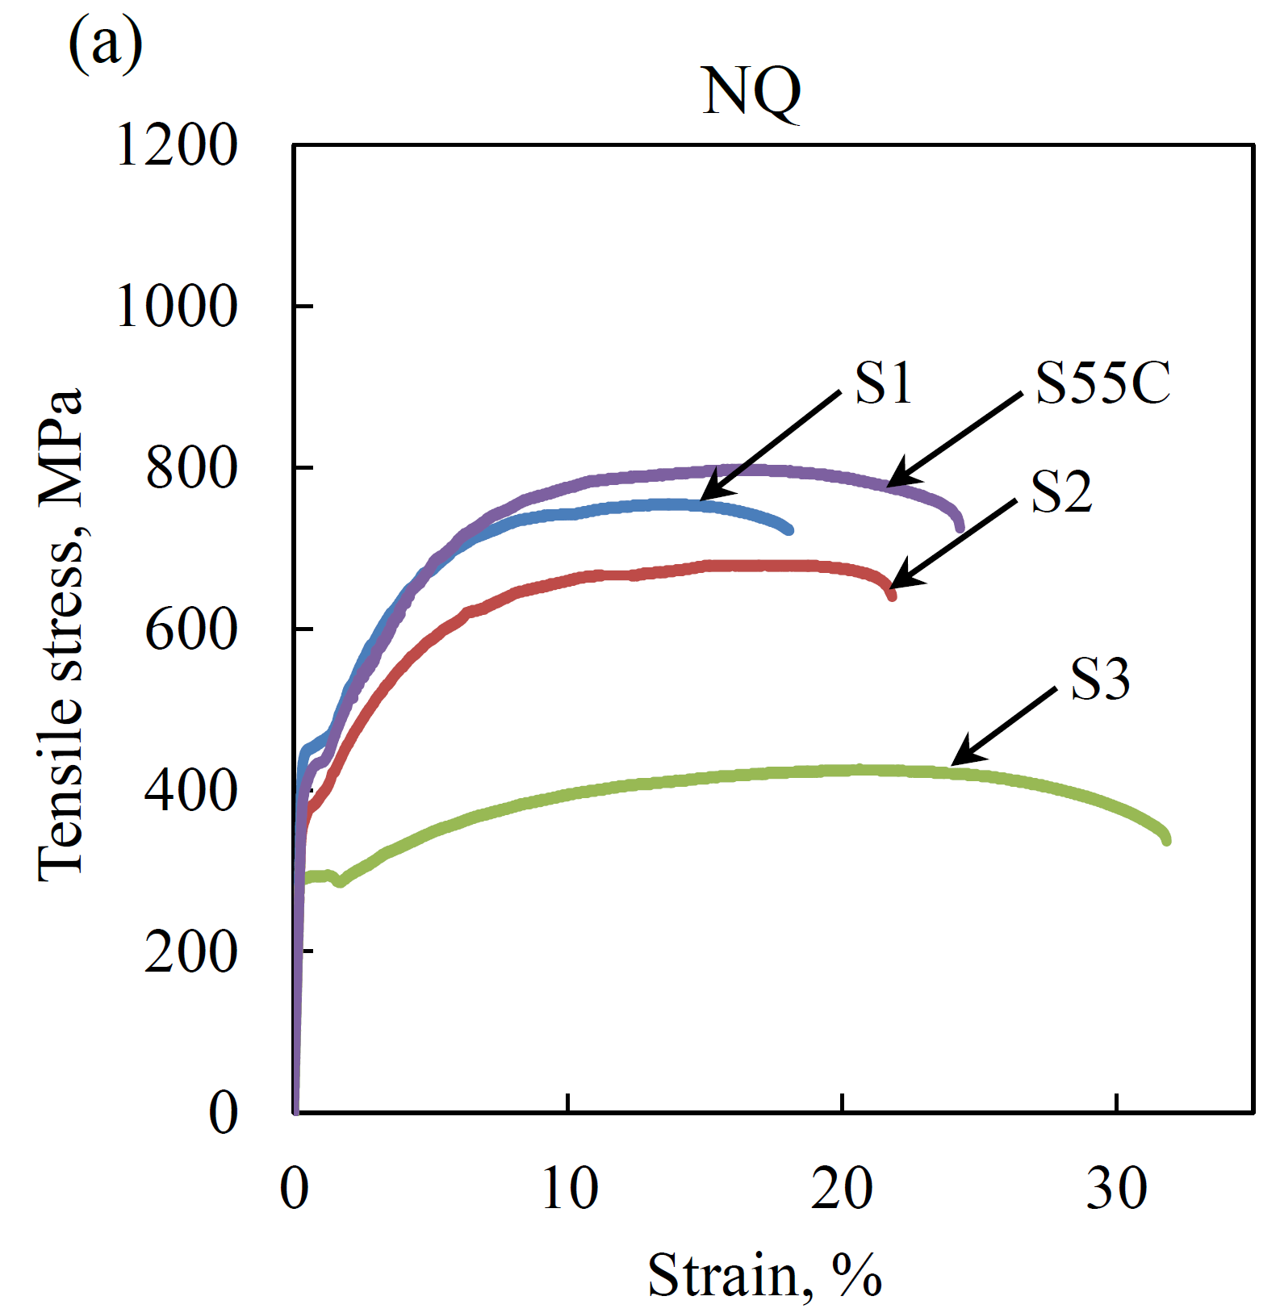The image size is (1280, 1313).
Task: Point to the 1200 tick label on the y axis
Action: coord(177,146)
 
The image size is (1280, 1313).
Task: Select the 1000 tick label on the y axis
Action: coord(177,307)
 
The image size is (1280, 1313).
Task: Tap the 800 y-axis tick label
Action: coord(191,469)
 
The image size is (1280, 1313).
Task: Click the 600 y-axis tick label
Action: coord(191,629)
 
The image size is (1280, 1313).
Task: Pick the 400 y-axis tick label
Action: coord(191,791)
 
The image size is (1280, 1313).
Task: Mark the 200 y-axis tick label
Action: coord(191,952)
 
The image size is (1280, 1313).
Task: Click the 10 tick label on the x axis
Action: coord(569,1189)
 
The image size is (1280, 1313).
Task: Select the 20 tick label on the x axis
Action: coord(842,1189)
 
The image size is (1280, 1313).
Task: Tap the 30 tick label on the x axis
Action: coord(1116,1189)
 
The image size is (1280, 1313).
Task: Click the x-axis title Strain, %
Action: coord(764,1276)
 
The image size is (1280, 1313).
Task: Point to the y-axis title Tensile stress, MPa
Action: coord(61,634)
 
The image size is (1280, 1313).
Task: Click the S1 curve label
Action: coord(883,383)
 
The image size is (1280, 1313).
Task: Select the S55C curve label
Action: coord(1102,383)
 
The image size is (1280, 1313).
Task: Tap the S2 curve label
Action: coord(1061,491)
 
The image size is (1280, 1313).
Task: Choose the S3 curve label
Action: coord(1099,679)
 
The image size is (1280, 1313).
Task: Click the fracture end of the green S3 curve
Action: coord(1165,840)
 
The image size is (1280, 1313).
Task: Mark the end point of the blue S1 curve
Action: coord(788,529)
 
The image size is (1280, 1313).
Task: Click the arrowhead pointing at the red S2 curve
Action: coord(896,583)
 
